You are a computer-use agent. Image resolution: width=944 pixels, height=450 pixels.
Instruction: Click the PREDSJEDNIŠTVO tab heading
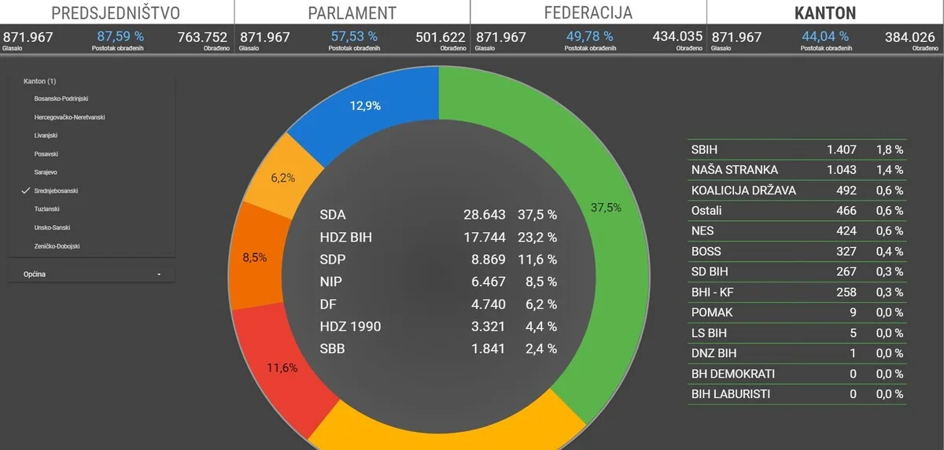point(116,13)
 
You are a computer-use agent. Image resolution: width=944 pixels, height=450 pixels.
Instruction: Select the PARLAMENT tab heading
point(352,13)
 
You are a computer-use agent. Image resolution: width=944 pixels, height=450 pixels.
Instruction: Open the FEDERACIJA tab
point(588,13)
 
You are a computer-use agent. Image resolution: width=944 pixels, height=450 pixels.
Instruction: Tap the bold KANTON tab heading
point(824,13)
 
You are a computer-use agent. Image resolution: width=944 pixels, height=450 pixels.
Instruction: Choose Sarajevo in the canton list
point(46,172)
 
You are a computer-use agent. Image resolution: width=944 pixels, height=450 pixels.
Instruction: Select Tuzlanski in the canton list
point(47,209)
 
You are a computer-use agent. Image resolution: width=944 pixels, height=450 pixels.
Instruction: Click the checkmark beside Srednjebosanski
point(26,191)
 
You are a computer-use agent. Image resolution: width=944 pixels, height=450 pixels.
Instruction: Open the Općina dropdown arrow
point(159,275)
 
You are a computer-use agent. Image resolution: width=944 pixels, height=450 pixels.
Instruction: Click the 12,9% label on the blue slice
point(365,106)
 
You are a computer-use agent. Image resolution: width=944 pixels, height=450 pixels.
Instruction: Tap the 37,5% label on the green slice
point(606,208)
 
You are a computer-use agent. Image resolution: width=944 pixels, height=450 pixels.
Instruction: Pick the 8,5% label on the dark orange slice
point(254,256)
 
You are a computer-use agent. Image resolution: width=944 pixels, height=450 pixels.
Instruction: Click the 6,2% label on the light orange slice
point(283,178)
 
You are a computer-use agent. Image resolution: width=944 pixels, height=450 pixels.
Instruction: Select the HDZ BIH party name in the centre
point(350,237)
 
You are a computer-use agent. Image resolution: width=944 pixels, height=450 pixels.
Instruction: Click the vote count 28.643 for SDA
point(484,215)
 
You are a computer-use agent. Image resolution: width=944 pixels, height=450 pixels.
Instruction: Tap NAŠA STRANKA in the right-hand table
point(735,170)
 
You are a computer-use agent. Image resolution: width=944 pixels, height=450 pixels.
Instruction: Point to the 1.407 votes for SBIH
point(841,149)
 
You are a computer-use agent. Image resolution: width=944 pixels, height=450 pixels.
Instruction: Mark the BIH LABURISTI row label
point(731,394)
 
